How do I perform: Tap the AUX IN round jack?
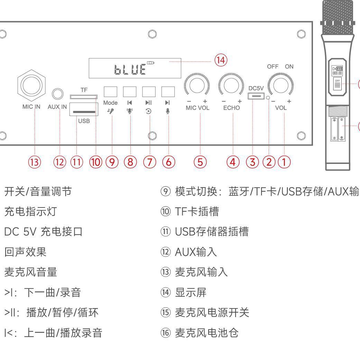click(x=58, y=94)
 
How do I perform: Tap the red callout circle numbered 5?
click(x=200, y=162)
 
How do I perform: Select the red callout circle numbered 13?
click(x=35, y=162)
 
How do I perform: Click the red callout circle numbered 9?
click(x=112, y=162)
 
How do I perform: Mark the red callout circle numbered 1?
click(x=284, y=162)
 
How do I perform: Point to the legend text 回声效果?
click(x=25, y=252)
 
